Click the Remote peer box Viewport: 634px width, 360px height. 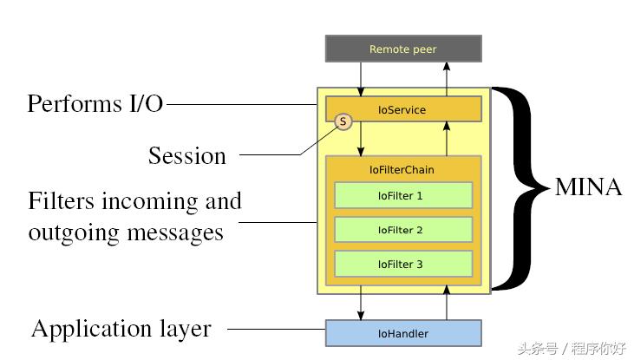pos(402,49)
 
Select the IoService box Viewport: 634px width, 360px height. pos(402,109)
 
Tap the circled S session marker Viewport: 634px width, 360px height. pos(343,121)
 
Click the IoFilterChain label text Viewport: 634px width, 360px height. pos(402,170)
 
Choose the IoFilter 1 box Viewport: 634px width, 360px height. pos(402,195)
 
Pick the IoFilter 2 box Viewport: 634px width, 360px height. pos(402,230)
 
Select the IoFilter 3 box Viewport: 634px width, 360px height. pos(402,264)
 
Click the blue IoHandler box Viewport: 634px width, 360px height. pos(402,333)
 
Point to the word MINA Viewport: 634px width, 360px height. pos(588,187)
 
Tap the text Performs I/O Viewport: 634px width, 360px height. pos(95,104)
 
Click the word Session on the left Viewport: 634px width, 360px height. pos(186,156)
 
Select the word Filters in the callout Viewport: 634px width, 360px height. pos(62,201)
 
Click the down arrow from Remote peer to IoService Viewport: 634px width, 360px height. pos(360,79)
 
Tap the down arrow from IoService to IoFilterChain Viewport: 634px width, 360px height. pos(360,138)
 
